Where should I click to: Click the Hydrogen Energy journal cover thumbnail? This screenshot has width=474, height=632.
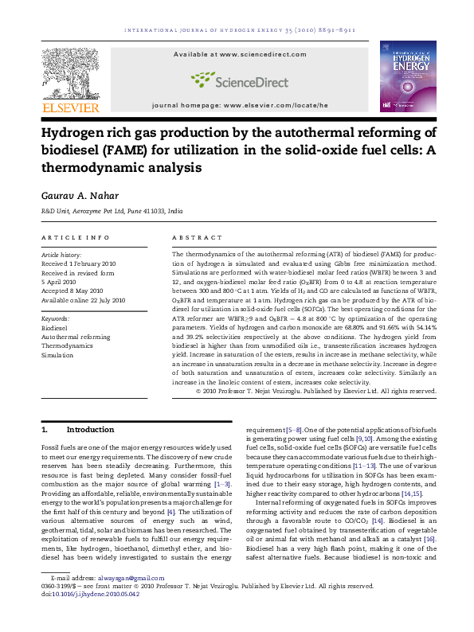pyautogui.click(x=407, y=76)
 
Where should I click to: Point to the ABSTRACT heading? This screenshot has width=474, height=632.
pyautogui.click(x=197, y=237)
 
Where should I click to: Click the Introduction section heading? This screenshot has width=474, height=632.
pyautogui.click(x=90, y=429)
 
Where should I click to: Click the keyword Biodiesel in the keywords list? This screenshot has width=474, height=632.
pyautogui.click(x=54, y=327)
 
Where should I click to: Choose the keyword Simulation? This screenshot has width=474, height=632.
pyautogui.click(x=56, y=356)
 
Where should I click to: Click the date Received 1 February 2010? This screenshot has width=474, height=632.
pyautogui.click(x=78, y=263)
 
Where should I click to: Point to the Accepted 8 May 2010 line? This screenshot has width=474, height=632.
pyautogui.click(x=70, y=291)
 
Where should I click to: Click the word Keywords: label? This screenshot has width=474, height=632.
pyautogui.click(x=55, y=318)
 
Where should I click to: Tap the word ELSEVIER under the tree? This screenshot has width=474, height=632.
pyautogui.click(x=70, y=107)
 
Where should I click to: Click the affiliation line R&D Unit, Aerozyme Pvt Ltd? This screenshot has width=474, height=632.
pyautogui.click(x=112, y=213)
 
